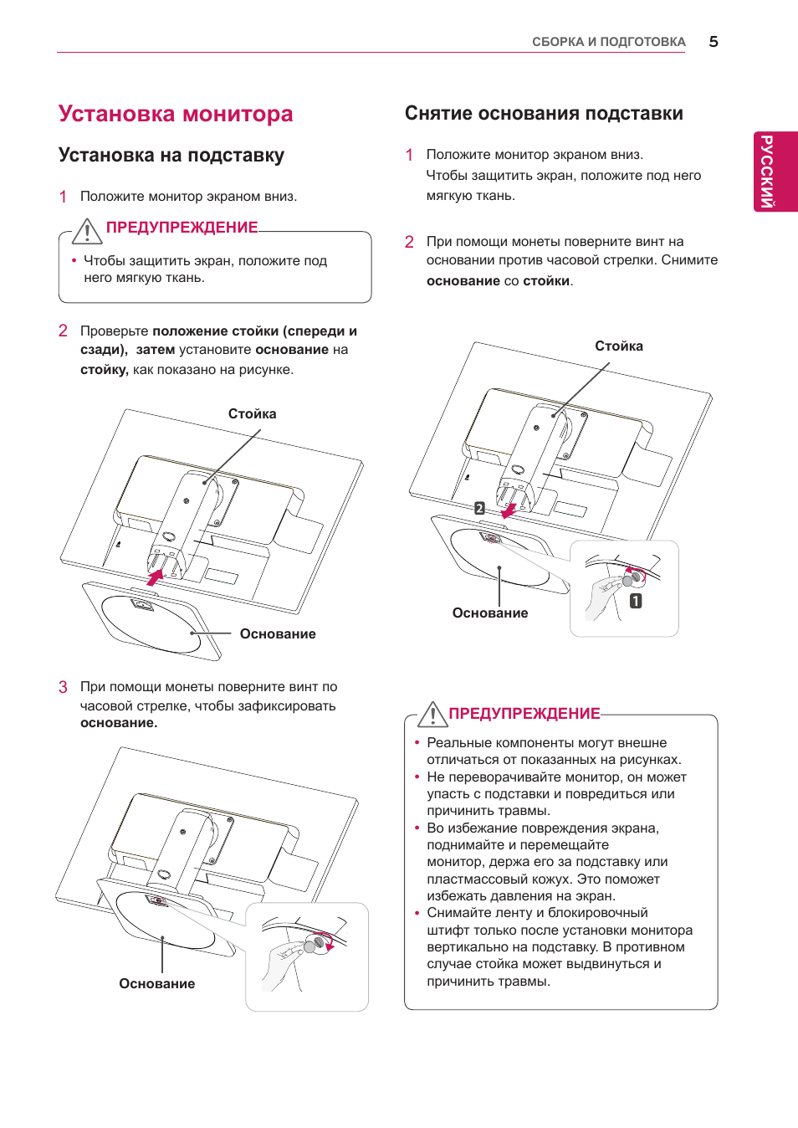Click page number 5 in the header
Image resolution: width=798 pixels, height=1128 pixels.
(714, 42)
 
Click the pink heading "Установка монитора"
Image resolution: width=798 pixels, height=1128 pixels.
(176, 114)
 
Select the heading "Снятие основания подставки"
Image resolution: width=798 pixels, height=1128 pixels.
(544, 114)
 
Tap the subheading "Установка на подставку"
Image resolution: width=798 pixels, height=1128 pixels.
(171, 156)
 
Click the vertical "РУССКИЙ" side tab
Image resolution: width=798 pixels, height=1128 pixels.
(766, 171)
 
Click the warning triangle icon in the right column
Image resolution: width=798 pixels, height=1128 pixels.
(432, 715)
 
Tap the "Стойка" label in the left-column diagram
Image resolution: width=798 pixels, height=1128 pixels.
(252, 414)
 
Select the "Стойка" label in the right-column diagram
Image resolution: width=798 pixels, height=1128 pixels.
(619, 346)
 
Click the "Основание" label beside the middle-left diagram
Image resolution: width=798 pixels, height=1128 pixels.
(278, 634)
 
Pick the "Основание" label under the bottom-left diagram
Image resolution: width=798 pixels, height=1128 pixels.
(157, 984)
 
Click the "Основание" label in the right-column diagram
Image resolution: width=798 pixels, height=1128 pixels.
(490, 613)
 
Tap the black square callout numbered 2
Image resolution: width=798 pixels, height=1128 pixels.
(479, 508)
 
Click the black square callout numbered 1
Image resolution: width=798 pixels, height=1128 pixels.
(636, 601)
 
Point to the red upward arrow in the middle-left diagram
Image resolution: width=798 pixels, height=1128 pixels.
(155, 577)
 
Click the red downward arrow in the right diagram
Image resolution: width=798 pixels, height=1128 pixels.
(508, 510)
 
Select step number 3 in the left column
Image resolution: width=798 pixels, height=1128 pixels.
(63, 687)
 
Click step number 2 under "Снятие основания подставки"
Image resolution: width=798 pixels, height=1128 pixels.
(409, 242)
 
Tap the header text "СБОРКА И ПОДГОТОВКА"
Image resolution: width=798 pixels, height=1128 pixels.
(608, 42)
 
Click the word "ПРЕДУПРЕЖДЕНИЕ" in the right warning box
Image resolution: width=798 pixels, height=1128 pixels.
(524, 714)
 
